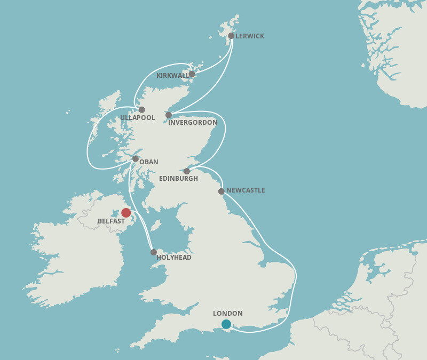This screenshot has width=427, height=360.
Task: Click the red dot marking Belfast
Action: pyautogui.click(x=126, y=213)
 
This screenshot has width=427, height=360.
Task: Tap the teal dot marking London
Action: pyautogui.click(x=226, y=324)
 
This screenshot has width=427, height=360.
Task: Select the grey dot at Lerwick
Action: pyautogui.click(x=231, y=36)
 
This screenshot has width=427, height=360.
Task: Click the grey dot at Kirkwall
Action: pyautogui.click(x=192, y=74)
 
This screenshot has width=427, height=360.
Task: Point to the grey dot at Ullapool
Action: pyautogui.click(x=141, y=110)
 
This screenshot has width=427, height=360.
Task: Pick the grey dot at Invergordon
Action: pyautogui.click(x=169, y=115)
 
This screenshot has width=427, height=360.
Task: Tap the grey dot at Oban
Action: pyautogui.click(x=136, y=158)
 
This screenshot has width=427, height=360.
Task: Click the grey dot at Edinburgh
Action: pyautogui.click(x=187, y=171)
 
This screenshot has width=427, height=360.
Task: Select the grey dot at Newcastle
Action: pyautogui.click(x=222, y=191)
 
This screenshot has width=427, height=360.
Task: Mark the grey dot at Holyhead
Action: pyautogui.click(x=154, y=252)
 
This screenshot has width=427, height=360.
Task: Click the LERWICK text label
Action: pyautogui.click(x=250, y=36)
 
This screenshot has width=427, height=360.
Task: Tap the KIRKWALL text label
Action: pyautogui.click(x=172, y=76)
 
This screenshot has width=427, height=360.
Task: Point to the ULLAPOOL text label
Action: pyautogui.click(x=137, y=118)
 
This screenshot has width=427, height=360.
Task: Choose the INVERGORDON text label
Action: pyautogui.click(x=193, y=123)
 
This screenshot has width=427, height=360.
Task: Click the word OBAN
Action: pyautogui.click(x=149, y=162)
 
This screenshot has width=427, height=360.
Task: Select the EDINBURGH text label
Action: pyautogui.click(x=179, y=179)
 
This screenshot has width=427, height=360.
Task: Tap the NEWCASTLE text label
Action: pyautogui.click(x=246, y=190)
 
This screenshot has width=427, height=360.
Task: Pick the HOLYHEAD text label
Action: pyautogui.click(x=174, y=258)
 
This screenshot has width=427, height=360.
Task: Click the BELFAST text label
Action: pyautogui.click(x=111, y=221)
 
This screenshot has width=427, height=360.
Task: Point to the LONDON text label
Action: pyautogui.click(x=228, y=314)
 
